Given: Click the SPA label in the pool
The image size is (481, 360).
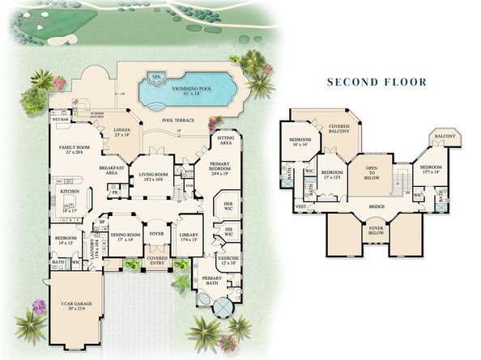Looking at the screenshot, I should pyautogui.click(x=155, y=78).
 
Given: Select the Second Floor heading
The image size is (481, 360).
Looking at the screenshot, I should pyautogui.click(x=377, y=82).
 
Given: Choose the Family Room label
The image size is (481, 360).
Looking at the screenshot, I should pyautogui.click(x=72, y=149).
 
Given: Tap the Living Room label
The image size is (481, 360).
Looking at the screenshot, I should pyautogui.click(x=153, y=177).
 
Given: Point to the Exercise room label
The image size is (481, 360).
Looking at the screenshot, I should pyautogui.click(x=227, y=261).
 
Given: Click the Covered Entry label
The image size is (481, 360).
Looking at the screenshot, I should pyautogui.click(x=157, y=260).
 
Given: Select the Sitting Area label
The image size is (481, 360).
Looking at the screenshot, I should pyautogui.click(x=225, y=142).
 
